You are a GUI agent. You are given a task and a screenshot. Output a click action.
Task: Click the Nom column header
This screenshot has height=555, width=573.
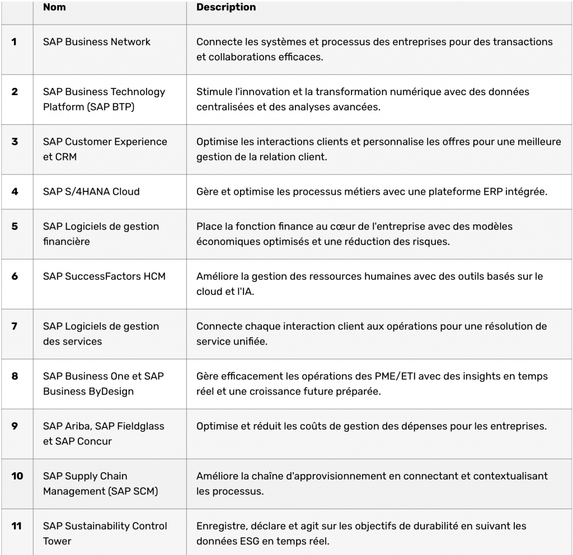click(x=54, y=7)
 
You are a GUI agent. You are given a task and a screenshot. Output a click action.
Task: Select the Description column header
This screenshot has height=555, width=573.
click(x=226, y=7)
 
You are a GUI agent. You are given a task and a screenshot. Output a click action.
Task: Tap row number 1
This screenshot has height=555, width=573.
click(x=14, y=42)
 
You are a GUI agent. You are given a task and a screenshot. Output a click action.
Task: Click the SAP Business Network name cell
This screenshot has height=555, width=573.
click(x=96, y=42)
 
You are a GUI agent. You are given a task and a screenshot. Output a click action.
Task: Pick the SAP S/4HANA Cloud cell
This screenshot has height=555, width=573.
click(x=91, y=191)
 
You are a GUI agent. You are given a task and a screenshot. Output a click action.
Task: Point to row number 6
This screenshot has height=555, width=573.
click(x=15, y=276)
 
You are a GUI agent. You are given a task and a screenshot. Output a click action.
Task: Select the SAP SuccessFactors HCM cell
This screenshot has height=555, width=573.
click(x=104, y=276)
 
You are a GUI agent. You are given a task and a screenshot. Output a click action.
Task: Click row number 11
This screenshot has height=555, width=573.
click(x=17, y=526)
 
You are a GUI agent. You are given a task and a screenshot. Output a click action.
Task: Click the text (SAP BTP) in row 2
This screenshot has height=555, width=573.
click(x=111, y=107)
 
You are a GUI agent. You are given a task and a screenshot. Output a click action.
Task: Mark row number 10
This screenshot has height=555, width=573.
click(x=17, y=476)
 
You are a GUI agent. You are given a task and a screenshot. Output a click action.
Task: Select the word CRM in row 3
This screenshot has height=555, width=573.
click(x=66, y=157)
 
